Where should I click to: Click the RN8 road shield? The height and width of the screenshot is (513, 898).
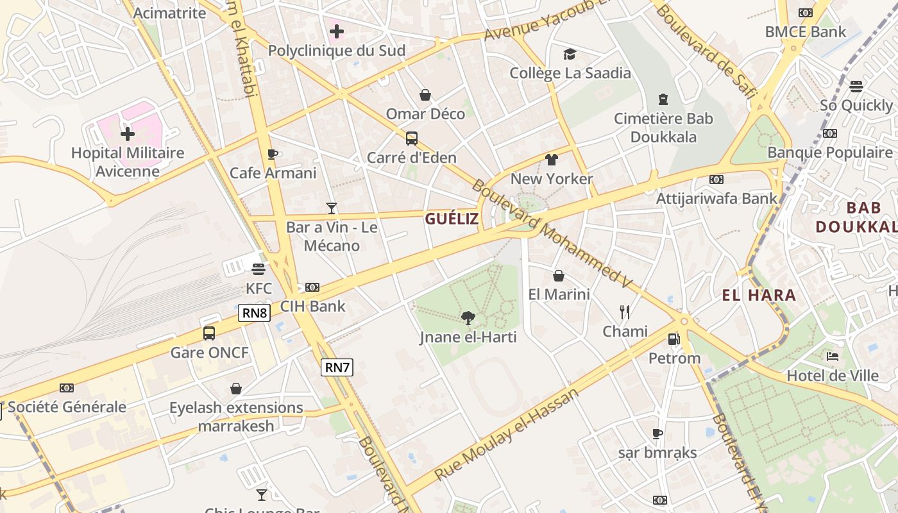(x=255, y=313)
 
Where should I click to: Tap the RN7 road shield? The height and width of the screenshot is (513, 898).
(x=337, y=367)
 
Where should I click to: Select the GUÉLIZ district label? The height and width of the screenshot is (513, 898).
(x=452, y=219)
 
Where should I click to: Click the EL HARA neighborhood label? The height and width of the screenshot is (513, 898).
(x=759, y=296)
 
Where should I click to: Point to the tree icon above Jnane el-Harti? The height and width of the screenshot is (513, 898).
(x=468, y=317)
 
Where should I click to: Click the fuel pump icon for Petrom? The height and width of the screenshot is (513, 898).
(x=673, y=339)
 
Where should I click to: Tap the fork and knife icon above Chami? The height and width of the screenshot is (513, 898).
(x=625, y=312)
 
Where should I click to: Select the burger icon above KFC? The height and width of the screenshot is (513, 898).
(x=258, y=269)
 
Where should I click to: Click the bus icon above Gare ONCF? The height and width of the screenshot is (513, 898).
(x=209, y=333)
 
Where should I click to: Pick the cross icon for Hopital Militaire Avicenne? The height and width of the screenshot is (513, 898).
(x=128, y=134)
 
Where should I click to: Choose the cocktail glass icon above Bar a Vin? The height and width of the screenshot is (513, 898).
(x=332, y=208)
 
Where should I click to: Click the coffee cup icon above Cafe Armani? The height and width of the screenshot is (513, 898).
(x=273, y=154)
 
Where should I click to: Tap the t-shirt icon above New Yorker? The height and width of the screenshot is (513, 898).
(x=552, y=160)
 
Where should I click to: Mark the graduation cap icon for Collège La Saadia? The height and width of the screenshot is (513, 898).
(x=570, y=54)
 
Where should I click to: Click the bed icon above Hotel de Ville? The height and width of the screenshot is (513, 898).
(x=833, y=357)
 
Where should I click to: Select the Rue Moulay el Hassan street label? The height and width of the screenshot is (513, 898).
(x=506, y=434)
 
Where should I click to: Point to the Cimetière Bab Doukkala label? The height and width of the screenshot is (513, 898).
(x=663, y=128)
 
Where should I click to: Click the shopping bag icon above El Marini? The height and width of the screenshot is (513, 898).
(x=559, y=276)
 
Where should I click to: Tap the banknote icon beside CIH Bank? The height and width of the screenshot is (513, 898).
(x=312, y=287)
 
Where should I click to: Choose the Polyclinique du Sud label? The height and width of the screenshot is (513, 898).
(x=337, y=51)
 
